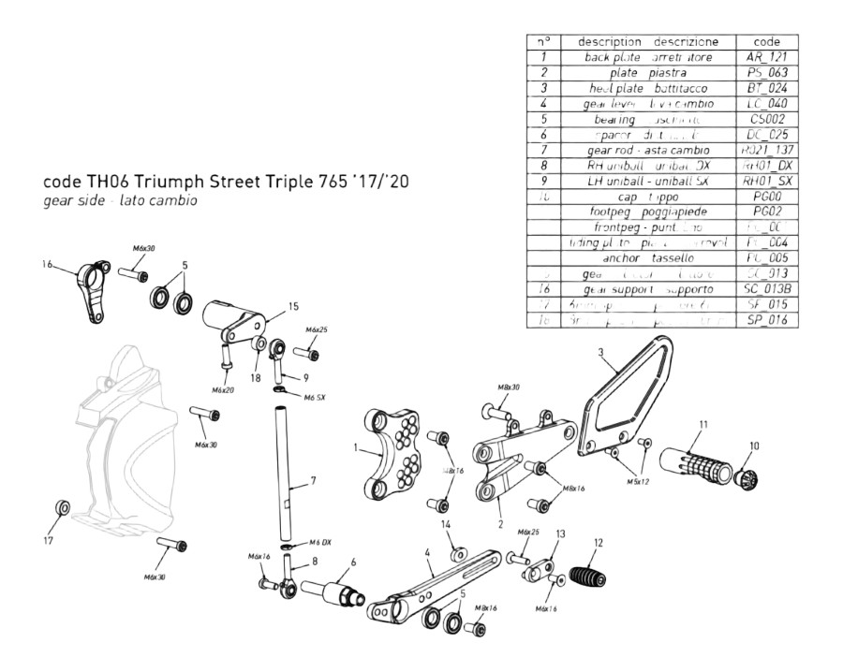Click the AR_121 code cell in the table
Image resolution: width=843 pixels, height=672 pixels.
pos(768,57)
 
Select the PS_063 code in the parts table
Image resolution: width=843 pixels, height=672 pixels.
pos(768,72)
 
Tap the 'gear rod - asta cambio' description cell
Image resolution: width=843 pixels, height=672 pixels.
pos(647,150)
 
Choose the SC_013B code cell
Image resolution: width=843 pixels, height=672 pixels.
pos(768,289)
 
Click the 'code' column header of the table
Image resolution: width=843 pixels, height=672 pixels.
pos(768,41)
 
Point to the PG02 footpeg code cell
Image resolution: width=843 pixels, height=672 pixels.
pos(768,212)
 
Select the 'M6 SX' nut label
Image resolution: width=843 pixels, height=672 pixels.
pos(314,397)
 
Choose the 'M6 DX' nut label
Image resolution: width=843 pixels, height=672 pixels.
pos(319,543)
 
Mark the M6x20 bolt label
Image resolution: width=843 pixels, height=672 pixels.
pos(222,389)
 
